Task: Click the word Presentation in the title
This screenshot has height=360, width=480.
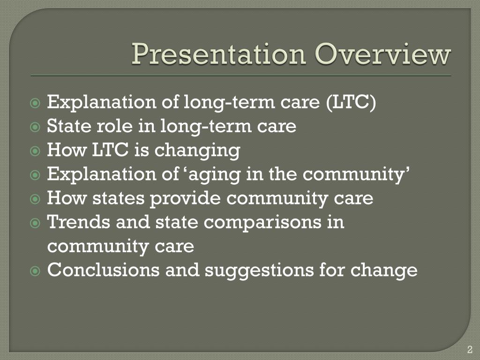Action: pyautogui.click(x=219, y=54)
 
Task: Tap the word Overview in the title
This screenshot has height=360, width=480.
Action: pyautogui.click(x=383, y=54)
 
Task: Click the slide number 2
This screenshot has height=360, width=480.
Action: pyautogui.click(x=470, y=349)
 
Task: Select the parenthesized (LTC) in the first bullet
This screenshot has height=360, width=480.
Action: pyautogui.click(x=351, y=102)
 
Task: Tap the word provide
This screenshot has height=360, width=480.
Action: pyautogui.click(x=185, y=199)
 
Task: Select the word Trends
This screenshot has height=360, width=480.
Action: pyautogui.click(x=78, y=222)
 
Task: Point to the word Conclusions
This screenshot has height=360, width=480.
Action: pyautogui.click(x=104, y=270)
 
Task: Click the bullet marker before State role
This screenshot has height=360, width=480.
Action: pyautogui.click(x=35, y=127)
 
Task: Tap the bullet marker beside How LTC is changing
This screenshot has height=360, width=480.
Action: pyautogui.click(x=35, y=150)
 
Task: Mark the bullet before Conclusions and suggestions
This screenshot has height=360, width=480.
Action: pyautogui.click(x=35, y=271)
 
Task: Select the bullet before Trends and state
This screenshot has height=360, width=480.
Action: pyautogui.click(x=35, y=223)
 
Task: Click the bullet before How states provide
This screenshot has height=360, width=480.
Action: pyautogui.click(x=35, y=199)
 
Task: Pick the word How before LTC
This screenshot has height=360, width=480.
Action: pyautogui.click(x=67, y=150)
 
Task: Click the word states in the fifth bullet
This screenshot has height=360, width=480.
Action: pyautogui.click(x=119, y=198)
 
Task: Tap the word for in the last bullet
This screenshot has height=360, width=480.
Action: pyautogui.click(x=331, y=270)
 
